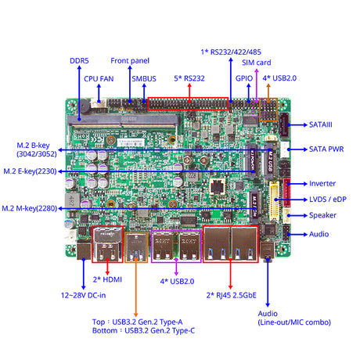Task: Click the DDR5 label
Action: click(x=79, y=61)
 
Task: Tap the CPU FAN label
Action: click(x=99, y=79)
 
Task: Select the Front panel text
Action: click(x=130, y=61)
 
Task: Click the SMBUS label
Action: click(x=144, y=79)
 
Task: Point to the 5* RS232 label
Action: click(x=189, y=78)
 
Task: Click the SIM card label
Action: click(x=257, y=63)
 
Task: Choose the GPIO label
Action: click(x=244, y=78)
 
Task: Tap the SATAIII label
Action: click(x=321, y=124)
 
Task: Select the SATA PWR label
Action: click(x=326, y=149)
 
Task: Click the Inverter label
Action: click(x=322, y=184)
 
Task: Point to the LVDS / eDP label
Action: click(x=328, y=200)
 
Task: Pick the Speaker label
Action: click(x=322, y=215)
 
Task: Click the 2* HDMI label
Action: click(x=107, y=279)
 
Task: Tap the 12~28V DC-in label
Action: click(x=83, y=295)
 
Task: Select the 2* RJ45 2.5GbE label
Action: click(x=232, y=295)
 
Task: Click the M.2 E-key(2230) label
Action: click(x=30, y=171)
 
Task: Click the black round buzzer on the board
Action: click(x=83, y=106)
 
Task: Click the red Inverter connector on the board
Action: click(x=286, y=193)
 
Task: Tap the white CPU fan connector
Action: click(x=99, y=103)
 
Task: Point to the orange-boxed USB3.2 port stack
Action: click(x=136, y=247)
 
